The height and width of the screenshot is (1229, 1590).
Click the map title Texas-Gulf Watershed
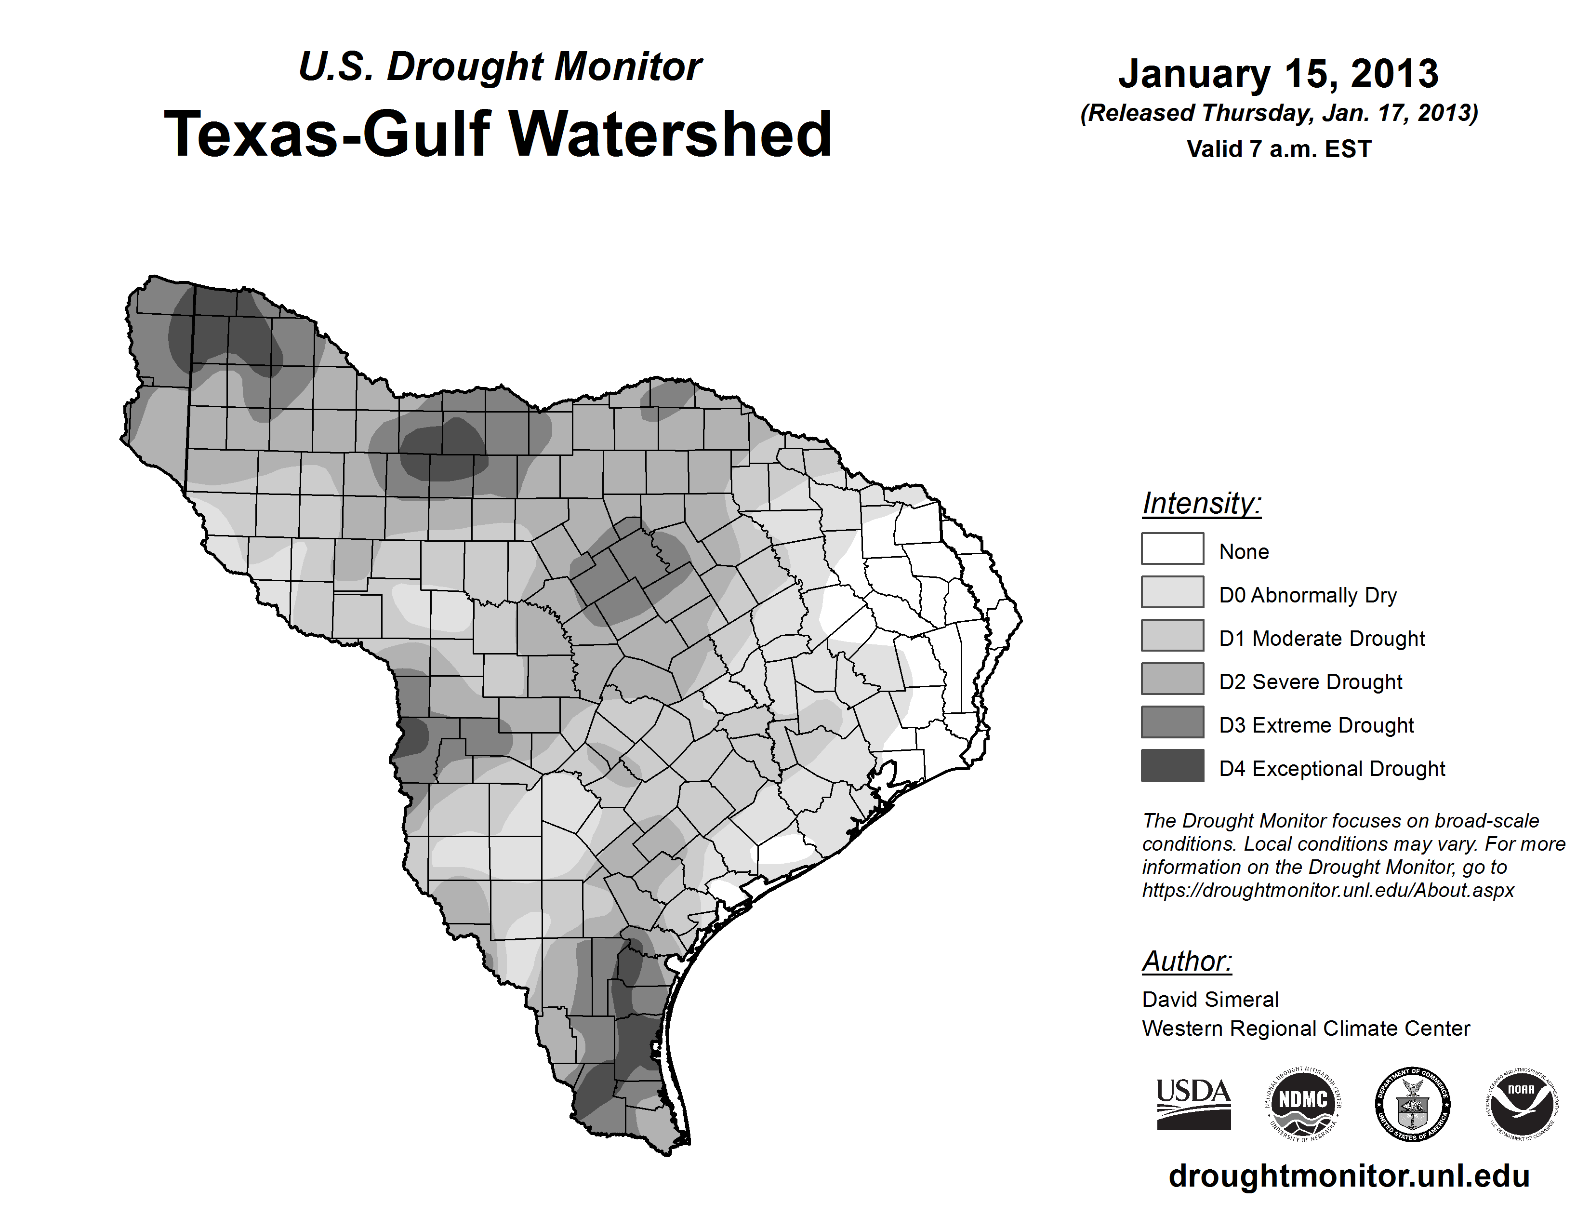point(498,134)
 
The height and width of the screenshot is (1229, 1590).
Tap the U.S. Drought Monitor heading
point(500,67)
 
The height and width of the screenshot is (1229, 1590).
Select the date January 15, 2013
point(1278,74)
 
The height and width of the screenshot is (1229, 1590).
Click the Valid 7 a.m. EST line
point(1278,149)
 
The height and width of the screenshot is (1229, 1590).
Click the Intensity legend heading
point(1201,503)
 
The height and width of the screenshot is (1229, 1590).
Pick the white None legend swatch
point(1172,548)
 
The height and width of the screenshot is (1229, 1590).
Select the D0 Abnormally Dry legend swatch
point(1172,592)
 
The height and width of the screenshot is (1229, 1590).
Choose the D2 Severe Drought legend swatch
point(1172,679)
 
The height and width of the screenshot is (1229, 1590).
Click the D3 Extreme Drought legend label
point(1316,725)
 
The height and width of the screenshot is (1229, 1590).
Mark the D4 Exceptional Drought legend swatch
point(1172,765)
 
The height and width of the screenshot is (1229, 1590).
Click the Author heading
point(1187,961)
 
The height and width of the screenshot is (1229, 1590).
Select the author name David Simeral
point(1210,1000)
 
